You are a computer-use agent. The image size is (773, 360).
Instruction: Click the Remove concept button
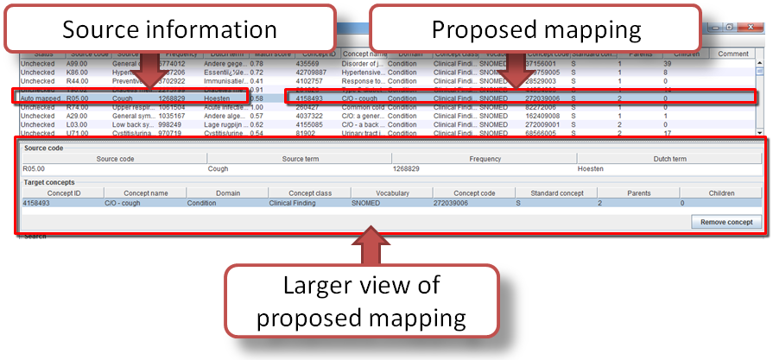pos(725,222)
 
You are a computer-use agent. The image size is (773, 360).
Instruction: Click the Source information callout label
pos(169,30)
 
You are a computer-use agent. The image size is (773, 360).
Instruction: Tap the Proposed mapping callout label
pos(536,30)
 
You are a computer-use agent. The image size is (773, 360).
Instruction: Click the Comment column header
pos(733,54)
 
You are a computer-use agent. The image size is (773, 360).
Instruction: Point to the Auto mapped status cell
pos(38,98)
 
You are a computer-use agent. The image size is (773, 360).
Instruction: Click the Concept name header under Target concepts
pos(146,193)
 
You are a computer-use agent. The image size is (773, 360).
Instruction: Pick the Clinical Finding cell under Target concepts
pos(293,203)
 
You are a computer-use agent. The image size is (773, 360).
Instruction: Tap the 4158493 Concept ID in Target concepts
pos(40,203)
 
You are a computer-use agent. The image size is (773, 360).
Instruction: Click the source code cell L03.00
pos(79,124)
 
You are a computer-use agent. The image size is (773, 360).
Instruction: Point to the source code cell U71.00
pos(79,134)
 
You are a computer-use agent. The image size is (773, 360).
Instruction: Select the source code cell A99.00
pos(79,64)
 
